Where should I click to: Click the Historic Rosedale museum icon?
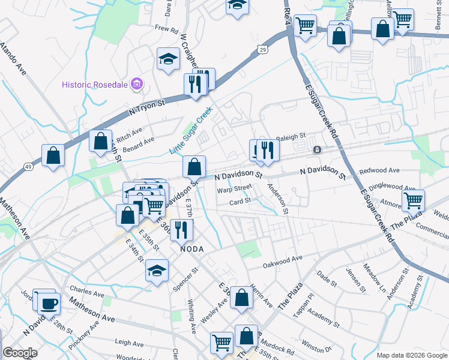pos(137,84)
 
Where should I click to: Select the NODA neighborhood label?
pos(192,248)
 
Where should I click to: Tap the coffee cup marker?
pos(49,303)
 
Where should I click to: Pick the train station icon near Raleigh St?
pos(316,149)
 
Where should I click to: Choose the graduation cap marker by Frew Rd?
pos(168,58)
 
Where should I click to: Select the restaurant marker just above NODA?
pos(181,229)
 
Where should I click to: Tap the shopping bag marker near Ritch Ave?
pos(100,141)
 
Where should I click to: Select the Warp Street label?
pos(233,190)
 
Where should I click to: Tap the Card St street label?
pos(240,202)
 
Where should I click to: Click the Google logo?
pos(20,353)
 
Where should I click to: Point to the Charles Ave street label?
pos(87,293)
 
